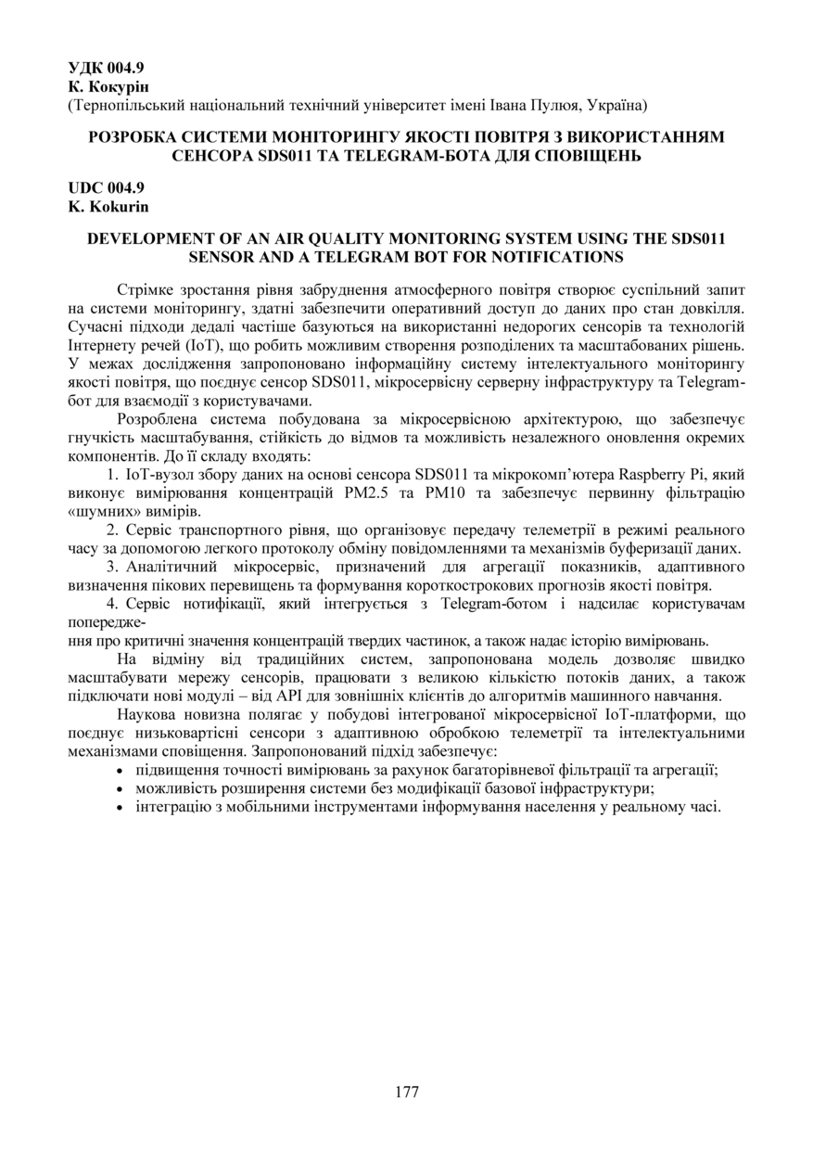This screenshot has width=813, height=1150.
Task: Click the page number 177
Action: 406,1092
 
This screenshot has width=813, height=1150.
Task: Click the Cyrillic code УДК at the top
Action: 84,68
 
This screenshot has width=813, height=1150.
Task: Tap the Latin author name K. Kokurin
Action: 108,207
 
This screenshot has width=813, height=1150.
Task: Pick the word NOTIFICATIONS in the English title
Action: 553,256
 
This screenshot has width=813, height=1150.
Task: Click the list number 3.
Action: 111,566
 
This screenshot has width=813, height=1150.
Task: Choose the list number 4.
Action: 111,604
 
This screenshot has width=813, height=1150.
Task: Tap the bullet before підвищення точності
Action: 122,770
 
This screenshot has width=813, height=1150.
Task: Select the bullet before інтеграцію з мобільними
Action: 122,807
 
